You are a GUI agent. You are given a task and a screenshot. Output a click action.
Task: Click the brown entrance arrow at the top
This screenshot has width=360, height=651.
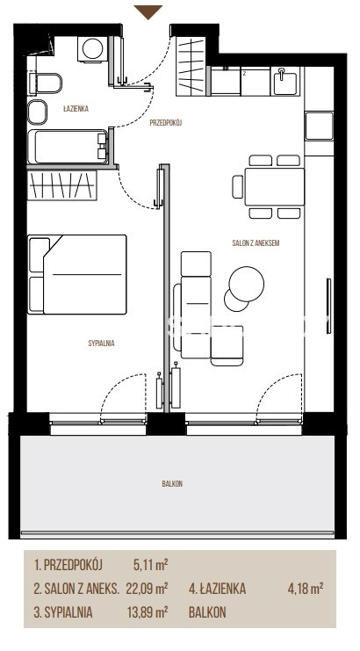pos(148,11)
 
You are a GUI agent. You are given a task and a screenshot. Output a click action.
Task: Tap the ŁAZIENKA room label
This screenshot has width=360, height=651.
pos(76,109)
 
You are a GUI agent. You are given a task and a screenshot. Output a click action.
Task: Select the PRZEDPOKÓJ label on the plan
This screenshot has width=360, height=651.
pos(166,122)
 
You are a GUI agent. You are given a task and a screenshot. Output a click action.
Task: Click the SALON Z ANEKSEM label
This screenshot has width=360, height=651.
pos(256,242)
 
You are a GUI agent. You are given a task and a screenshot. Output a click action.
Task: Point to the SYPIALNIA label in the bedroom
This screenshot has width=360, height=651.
pos(101,344)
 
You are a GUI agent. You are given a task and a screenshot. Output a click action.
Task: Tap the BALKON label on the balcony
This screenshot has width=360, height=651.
pos(172,484)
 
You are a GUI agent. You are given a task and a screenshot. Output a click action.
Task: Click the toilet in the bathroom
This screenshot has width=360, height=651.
pos(45,83)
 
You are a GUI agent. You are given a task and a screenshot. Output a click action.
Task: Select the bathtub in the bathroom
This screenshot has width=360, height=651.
pos(68,148)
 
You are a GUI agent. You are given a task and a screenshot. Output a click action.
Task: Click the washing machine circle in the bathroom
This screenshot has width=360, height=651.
pos(92,49)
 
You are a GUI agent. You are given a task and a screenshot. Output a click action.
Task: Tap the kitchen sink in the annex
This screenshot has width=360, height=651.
pos(284,82)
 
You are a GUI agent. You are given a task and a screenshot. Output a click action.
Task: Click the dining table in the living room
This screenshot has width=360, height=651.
pos(274,186)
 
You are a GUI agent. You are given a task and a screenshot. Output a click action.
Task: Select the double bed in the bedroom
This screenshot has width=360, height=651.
pos(77,274)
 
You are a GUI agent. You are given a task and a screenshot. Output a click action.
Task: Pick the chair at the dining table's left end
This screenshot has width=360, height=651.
pos(238,186)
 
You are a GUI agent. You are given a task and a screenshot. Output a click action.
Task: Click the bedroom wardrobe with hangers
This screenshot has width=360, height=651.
pos(61,185)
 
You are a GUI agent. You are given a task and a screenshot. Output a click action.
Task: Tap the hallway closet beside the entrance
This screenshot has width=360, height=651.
pos(191,67)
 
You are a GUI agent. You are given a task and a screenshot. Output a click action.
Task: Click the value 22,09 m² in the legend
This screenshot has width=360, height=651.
pos(147,589)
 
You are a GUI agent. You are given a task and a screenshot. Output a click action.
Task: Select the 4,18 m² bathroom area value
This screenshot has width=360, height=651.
pos(306,589)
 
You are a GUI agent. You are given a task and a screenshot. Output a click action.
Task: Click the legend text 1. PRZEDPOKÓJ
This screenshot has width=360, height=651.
pos(68,565)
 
